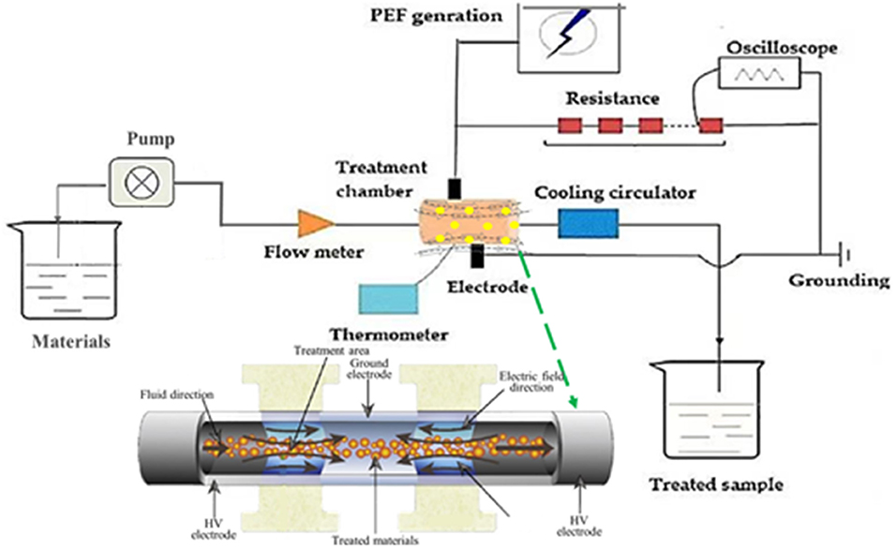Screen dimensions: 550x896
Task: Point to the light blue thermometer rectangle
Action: [389, 297]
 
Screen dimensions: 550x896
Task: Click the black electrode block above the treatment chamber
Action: [455, 187]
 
